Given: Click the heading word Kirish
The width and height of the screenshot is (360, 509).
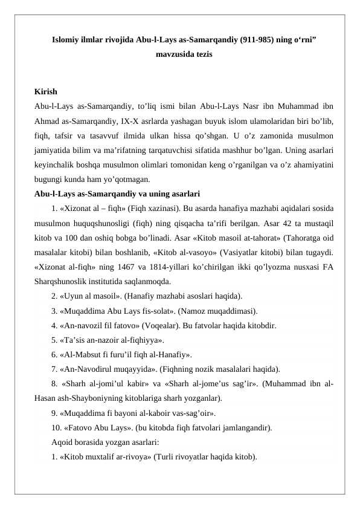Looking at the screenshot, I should pyautogui.click(x=46, y=92).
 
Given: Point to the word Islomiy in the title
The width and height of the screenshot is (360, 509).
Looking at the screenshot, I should pyautogui.click(x=67, y=40).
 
